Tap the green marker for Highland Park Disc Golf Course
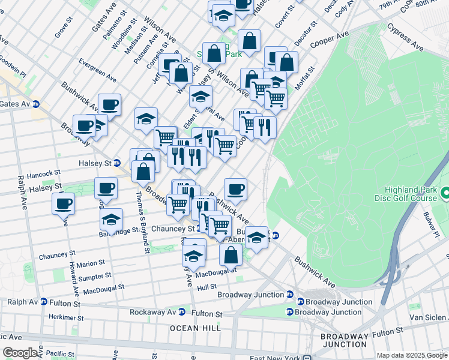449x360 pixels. click(x=445, y=194)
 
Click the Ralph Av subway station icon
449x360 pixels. click(x=43, y=302)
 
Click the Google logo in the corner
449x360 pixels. click(x=20, y=353)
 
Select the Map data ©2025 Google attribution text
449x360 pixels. click(x=412, y=355)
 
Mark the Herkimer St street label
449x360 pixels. click(x=68, y=317)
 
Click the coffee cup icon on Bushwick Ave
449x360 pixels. click(x=236, y=189)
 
